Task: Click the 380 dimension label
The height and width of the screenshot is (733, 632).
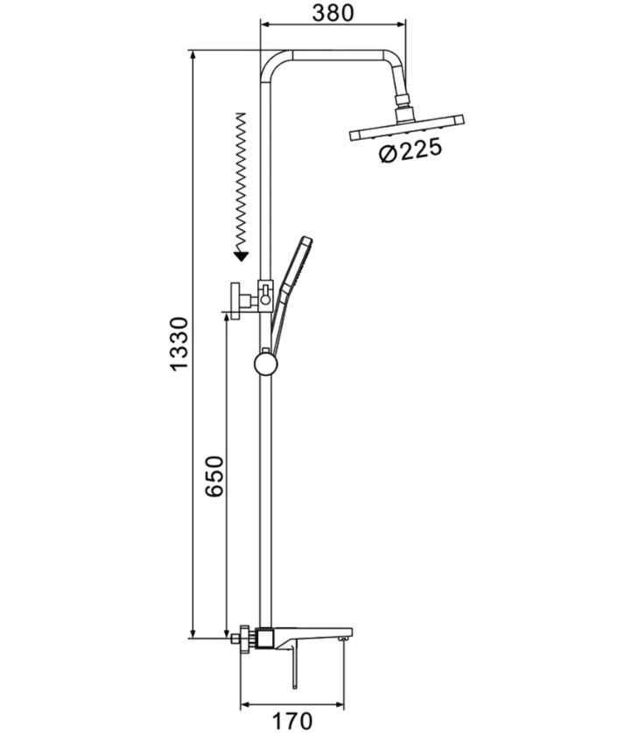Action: click(x=333, y=13)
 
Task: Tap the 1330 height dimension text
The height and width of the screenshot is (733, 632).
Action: click(x=179, y=344)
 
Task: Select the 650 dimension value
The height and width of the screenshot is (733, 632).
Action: click(x=214, y=477)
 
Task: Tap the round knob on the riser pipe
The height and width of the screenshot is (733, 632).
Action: click(x=266, y=365)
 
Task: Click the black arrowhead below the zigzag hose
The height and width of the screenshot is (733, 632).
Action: click(x=241, y=255)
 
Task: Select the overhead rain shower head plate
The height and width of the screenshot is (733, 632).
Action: click(x=406, y=128)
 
